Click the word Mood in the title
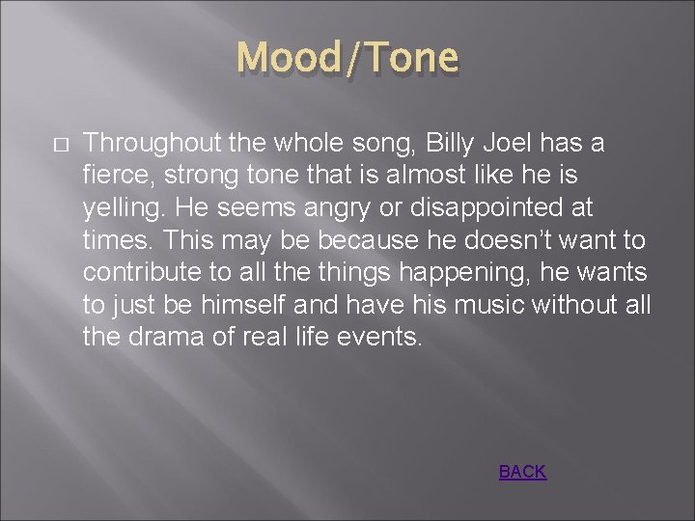coord(281,58)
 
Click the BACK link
coord(522,472)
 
